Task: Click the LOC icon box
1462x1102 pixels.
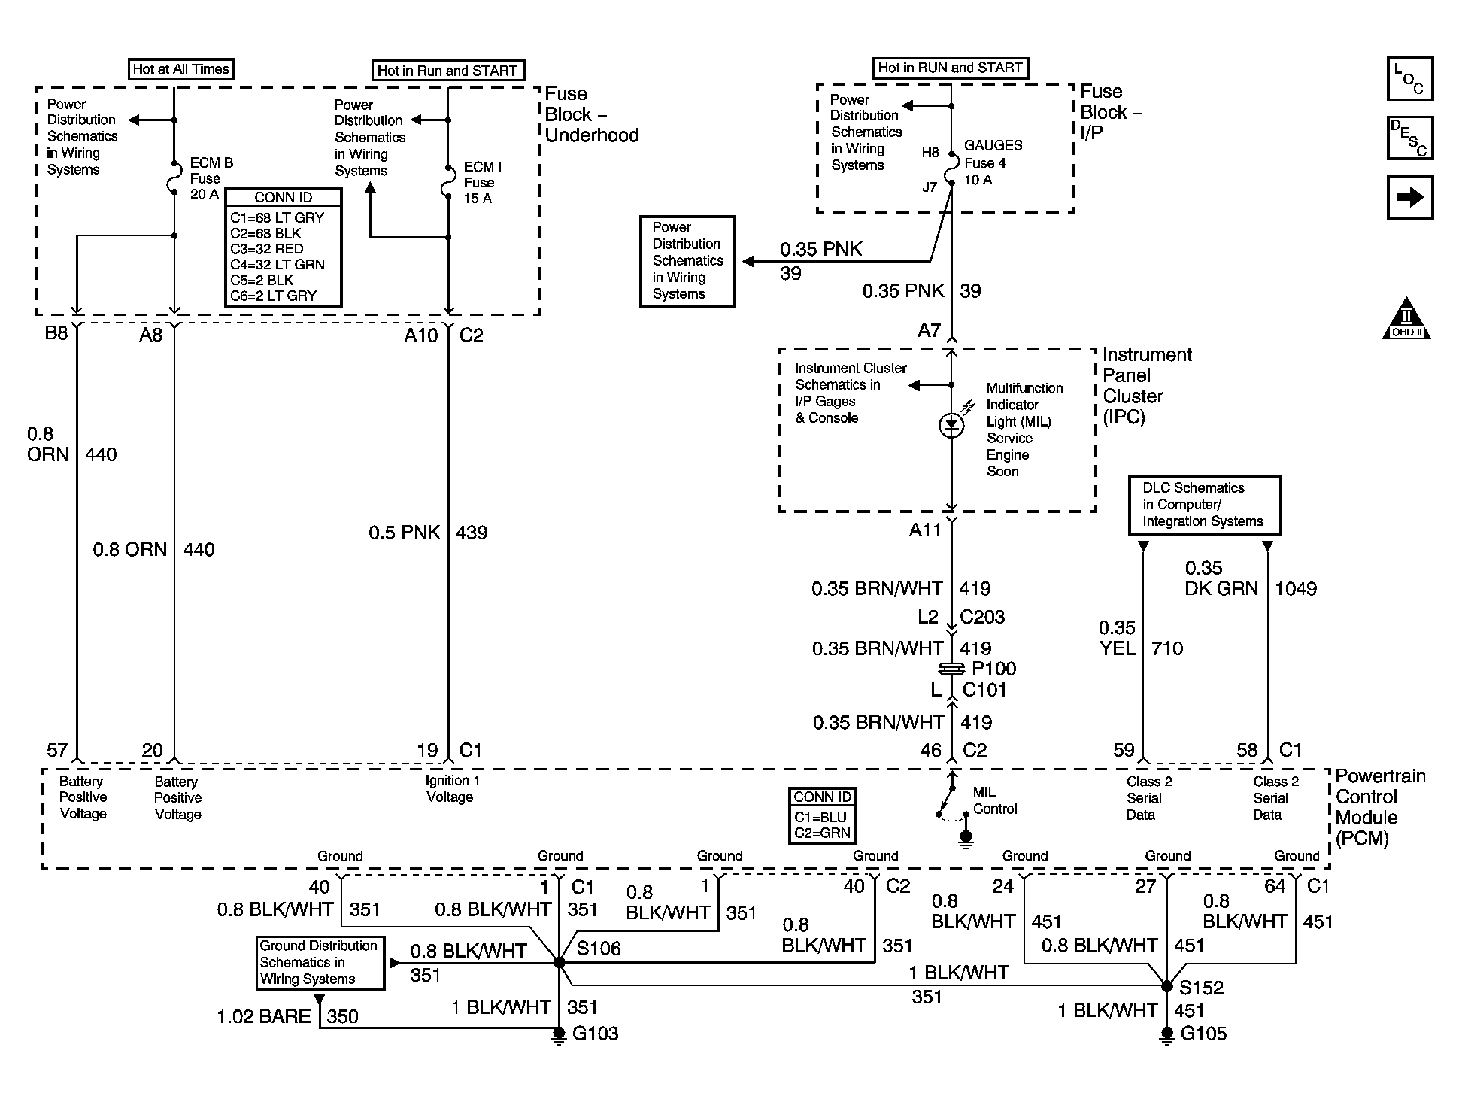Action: click(x=1409, y=79)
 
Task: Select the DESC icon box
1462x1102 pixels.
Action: click(x=1409, y=138)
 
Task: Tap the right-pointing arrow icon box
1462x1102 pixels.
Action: click(x=1409, y=197)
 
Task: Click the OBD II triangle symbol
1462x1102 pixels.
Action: click(x=1406, y=321)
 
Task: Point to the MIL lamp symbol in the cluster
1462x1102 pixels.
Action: click(x=951, y=426)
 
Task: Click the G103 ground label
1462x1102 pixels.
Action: click(x=595, y=1034)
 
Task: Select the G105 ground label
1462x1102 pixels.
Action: click(x=1203, y=1034)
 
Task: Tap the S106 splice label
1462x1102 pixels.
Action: click(x=599, y=949)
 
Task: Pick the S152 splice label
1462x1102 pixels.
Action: click(x=1201, y=988)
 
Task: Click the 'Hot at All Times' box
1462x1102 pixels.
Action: click(x=180, y=69)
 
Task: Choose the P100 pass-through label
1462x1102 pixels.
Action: click(x=993, y=669)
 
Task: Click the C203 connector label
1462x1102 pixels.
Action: click(x=982, y=617)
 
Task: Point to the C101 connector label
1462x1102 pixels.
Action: click(x=984, y=690)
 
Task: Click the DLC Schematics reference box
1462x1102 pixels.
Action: click(x=1204, y=505)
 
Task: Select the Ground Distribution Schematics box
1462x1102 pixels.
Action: click(x=320, y=962)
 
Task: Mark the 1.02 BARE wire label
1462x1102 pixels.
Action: click(x=263, y=1017)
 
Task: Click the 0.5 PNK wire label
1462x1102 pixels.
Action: click(x=404, y=533)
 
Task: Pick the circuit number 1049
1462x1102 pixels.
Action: click(x=1295, y=589)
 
